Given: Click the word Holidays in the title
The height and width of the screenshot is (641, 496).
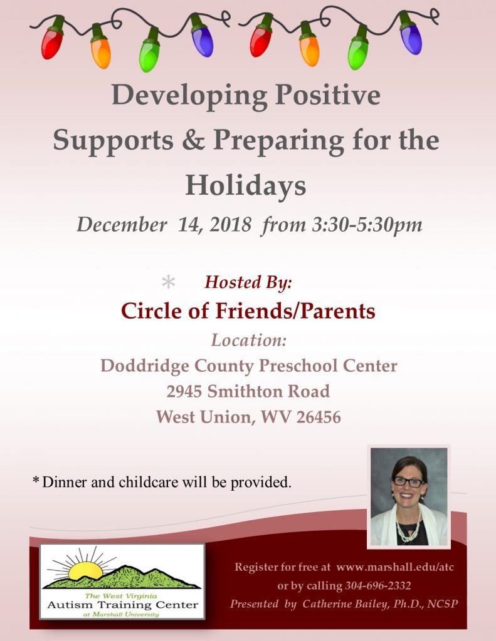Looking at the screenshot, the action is pyautogui.click(x=246, y=185).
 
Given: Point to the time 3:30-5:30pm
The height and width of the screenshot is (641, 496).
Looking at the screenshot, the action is pyautogui.click(x=367, y=225).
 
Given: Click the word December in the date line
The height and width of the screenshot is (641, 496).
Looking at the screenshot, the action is pyautogui.click(x=122, y=225).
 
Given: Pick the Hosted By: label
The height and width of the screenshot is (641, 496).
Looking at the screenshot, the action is pyautogui.click(x=248, y=282).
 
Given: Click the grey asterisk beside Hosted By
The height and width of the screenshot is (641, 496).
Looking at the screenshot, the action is pyautogui.click(x=168, y=282).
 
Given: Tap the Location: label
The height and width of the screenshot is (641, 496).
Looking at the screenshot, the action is pyautogui.click(x=248, y=340).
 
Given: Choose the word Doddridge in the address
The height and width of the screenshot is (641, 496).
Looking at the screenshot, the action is pyautogui.click(x=145, y=366).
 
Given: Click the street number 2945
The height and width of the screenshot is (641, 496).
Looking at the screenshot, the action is pyautogui.click(x=184, y=392).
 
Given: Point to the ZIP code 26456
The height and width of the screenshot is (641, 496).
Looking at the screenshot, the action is pyautogui.click(x=319, y=418).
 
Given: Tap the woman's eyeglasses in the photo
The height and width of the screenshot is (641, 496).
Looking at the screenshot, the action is pyautogui.click(x=408, y=481).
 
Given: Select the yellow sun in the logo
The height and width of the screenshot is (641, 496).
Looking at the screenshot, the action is pyautogui.click(x=85, y=570).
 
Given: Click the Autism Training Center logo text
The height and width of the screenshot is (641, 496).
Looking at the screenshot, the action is pyautogui.click(x=122, y=605).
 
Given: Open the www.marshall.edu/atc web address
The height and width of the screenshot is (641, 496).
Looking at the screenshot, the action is pyautogui.click(x=395, y=567).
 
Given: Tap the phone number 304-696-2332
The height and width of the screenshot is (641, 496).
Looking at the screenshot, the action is pyautogui.click(x=377, y=586).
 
